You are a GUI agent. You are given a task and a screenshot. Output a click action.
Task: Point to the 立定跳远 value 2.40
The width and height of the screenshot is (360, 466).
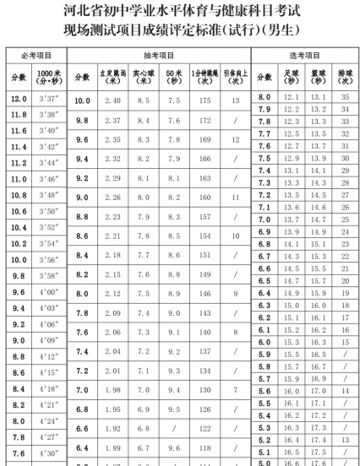click(x=111, y=101)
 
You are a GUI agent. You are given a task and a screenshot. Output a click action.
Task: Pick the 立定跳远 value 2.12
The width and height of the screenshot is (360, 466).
click(x=111, y=293)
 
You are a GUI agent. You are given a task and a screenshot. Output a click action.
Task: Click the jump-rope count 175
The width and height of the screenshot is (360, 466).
click(x=202, y=101)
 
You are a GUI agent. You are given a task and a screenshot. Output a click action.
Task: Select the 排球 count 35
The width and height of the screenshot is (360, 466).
click(x=343, y=98)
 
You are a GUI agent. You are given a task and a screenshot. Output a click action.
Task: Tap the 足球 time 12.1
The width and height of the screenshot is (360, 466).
click(x=292, y=98)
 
